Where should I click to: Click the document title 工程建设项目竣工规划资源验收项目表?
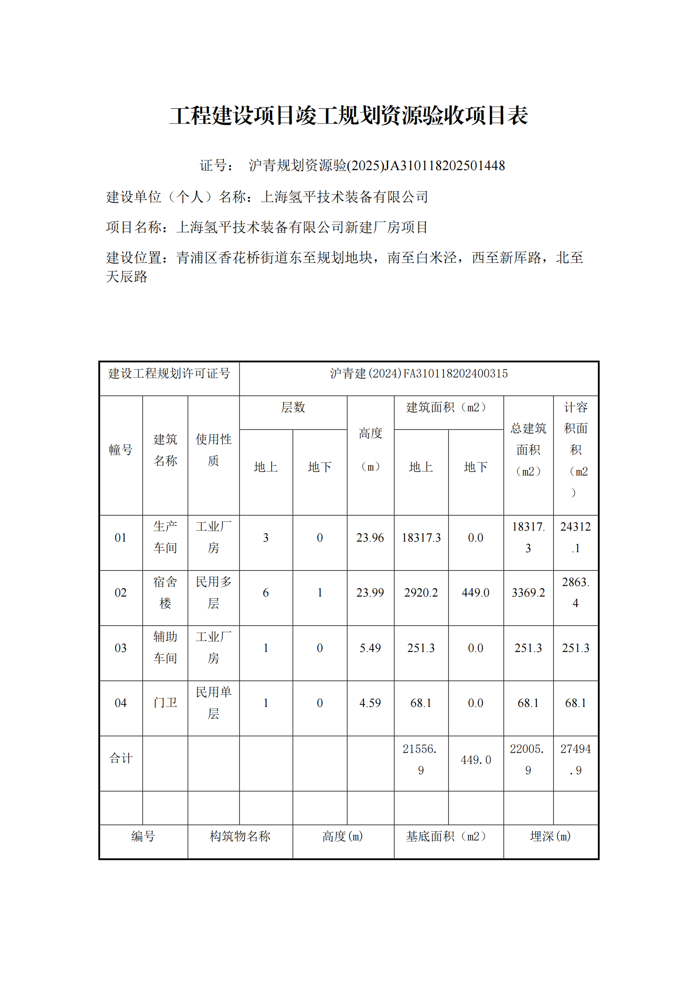[x=349, y=116]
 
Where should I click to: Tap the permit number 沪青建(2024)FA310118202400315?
[x=418, y=373]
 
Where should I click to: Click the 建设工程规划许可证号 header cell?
[x=169, y=373]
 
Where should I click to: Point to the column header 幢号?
[x=120, y=450]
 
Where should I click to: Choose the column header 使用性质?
[x=213, y=450]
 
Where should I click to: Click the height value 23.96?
[x=370, y=537]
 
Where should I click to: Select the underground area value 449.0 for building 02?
[x=475, y=592]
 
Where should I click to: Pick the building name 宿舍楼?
[x=165, y=592]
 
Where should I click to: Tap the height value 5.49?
[x=370, y=648]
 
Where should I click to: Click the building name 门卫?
[x=165, y=703]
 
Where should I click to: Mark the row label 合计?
[x=120, y=758]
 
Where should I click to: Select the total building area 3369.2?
[x=528, y=592]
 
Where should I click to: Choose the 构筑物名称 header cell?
[x=240, y=836]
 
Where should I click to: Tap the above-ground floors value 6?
[x=265, y=592]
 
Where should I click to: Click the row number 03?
[x=120, y=648]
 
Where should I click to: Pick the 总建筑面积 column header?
[x=528, y=450]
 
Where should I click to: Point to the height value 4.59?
[x=370, y=703]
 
